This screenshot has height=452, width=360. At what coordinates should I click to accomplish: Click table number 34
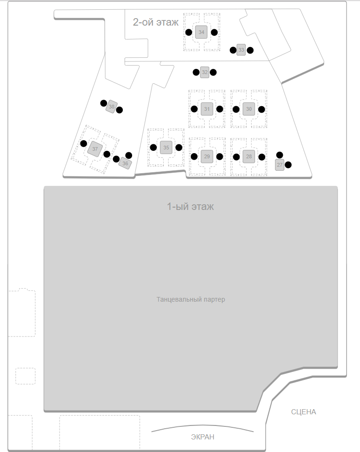pyautogui.click(x=201, y=32)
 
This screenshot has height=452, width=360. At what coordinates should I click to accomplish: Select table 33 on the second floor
pyautogui.click(x=241, y=50)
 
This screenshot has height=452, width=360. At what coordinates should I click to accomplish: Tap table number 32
pyautogui.click(x=205, y=72)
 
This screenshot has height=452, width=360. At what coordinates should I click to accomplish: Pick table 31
pyautogui.click(x=207, y=109)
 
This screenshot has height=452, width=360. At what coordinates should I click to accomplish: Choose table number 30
pyautogui.click(x=249, y=109)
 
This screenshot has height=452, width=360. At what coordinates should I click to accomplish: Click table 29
pyautogui.click(x=207, y=156)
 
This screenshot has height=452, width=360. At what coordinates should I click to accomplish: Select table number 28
pyautogui.click(x=249, y=156)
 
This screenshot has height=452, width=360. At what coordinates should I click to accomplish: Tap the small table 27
pyautogui.click(x=280, y=165)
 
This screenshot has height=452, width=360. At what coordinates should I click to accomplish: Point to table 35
pyautogui.click(x=166, y=148)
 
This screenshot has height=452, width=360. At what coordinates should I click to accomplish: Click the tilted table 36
pyautogui.click(x=125, y=163)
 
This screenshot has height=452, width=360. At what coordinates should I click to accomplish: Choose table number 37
pyautogui.click(x=95, y=149)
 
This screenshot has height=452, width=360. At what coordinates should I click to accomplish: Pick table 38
pyautogui.click(x=112, y=107)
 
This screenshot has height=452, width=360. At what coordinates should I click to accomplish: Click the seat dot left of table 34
pyautogui.click(x=189, y=32)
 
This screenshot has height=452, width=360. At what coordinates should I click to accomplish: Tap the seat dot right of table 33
pyautogui.click(x=250, y=50)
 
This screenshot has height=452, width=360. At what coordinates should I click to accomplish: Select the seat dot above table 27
pyautogui.click(x=280, y=155)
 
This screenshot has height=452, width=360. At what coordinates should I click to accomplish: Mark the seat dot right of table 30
pyautogui.click(x=261, y=109)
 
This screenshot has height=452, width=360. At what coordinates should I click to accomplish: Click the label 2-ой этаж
pyautogui.click(x=155, y=22)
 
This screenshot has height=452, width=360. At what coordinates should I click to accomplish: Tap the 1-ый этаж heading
pyautogui.click(x=190, y=206)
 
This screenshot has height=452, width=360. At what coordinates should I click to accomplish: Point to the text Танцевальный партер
pyautogui.click(x=191, y=299)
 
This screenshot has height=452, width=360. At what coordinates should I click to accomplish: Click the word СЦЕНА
pyautogui.click(x=304, y=412)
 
